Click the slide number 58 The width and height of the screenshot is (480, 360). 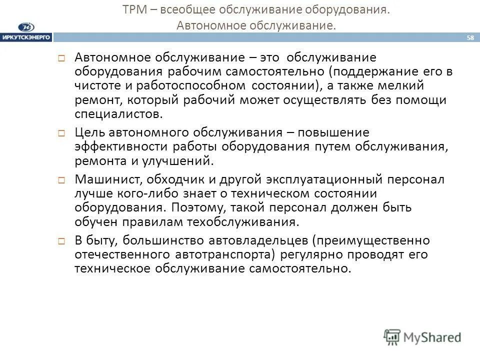[470, 37]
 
